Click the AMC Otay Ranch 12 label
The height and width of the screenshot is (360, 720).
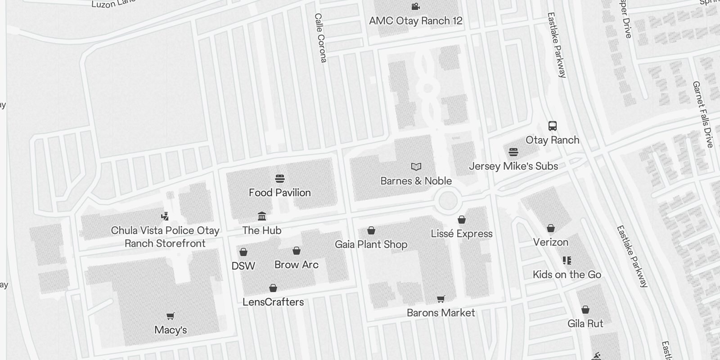tap(415, 21)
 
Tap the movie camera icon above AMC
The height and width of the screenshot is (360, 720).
tap(415, 7)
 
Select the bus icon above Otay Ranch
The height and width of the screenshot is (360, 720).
tap(553, 126)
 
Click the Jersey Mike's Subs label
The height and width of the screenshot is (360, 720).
tap(513, 166)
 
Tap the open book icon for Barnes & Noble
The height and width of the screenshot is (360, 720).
tap(416, 167)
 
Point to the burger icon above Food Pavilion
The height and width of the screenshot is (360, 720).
tap(280, 179)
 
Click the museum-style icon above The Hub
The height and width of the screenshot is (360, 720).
tap(262, 216)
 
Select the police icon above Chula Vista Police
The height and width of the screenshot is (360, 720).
tap(165, 216)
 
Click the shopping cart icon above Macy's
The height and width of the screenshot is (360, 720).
tap(171, 316)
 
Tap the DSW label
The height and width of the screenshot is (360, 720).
tap(243, 266)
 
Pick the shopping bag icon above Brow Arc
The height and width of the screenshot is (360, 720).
tap(297, 251)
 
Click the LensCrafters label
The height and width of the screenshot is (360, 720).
tap(273, 302)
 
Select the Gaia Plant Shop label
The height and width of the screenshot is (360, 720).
tap(371, 244)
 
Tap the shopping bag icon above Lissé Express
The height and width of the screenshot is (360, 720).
tap(462, 220)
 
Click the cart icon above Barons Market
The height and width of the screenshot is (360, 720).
tap(441, 299)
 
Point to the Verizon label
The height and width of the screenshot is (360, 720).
tap(551, 242)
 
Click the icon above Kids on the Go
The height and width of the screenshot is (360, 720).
tap(567, 261)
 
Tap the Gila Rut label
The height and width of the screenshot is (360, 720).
tap(585, 324)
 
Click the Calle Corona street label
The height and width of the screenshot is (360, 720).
tap(320, 38)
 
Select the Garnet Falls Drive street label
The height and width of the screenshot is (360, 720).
tap(703, 114)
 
